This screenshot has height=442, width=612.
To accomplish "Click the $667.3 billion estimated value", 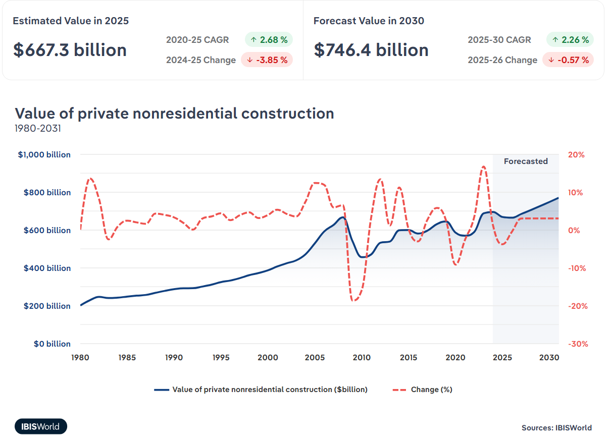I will pos(70,50).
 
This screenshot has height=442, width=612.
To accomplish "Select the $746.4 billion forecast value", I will pos(371,50).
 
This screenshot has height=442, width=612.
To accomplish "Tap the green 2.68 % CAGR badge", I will pos(269,39).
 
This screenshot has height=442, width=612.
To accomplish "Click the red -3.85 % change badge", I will pos(267,60).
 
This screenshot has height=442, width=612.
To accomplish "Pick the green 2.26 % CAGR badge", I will pos(570,39).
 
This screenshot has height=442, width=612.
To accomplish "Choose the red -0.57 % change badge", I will pos(568,60).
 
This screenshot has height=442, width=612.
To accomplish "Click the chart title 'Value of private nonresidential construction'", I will pos(174,113).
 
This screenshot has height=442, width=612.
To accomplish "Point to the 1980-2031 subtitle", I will pos(38,128).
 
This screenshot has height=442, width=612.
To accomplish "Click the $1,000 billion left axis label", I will pos(44,155).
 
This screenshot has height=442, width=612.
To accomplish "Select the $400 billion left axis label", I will pos(47,268).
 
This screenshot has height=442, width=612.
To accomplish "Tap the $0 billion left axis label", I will pos(52,344).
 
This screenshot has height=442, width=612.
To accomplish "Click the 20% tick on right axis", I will pos(576,155).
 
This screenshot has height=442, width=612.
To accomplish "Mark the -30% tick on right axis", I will pos(577,344).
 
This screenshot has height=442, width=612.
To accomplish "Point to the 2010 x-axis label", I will pos(362,358).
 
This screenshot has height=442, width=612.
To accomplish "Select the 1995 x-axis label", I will pos(221,358).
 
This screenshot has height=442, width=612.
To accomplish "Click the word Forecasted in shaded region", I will pos(526,161).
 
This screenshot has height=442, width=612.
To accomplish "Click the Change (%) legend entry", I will pos(422,390).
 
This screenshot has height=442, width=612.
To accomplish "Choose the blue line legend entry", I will pos(261,390).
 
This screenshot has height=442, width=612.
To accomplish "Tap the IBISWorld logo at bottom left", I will pos(41,426).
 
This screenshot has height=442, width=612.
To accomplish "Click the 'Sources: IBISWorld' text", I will pos(556,428).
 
